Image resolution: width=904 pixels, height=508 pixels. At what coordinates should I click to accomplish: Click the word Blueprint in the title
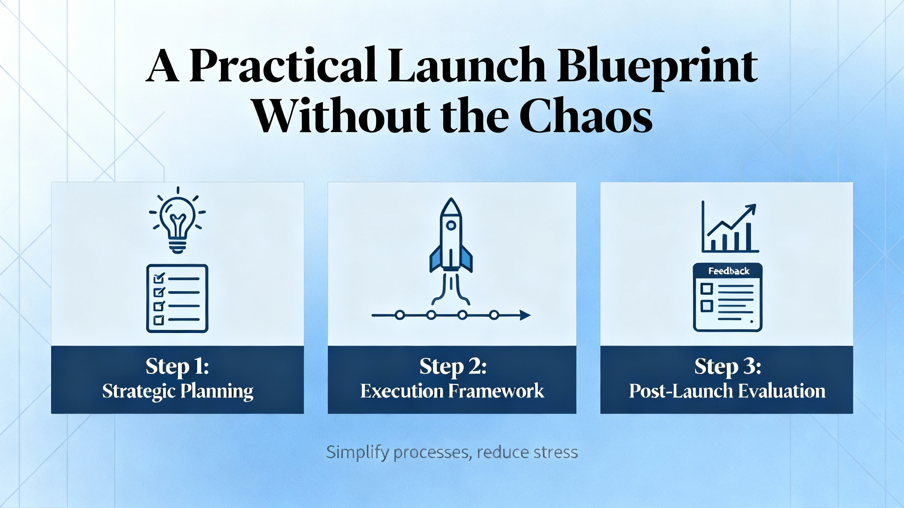pyautogui.click(x=657, y=69)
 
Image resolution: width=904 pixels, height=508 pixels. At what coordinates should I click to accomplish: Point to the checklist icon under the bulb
pyautogui.click(x=177, y=298)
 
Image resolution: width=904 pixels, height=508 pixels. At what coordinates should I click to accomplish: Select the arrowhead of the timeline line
pyautogui.click(x=525, y=315)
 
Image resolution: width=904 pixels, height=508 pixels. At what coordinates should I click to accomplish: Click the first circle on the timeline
pyautogui.click(x=400, y=315)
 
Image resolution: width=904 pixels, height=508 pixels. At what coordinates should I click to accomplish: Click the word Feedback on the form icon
pyautogui.click(x=729, y=271)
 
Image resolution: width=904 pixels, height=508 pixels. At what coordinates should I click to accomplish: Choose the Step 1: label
pyautogui.click(x=177, y=367)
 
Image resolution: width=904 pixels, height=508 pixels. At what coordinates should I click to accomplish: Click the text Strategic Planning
pyautogui.click(x=178, y=391)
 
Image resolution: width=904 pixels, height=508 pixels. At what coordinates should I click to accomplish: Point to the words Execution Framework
pyautogui.click(x=452, y=391)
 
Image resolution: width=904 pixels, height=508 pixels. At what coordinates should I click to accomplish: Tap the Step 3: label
pyautogui.click(x=728, y=367)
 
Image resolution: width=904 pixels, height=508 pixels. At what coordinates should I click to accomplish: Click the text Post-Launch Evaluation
pyautogui.click(x=727, y=391)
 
